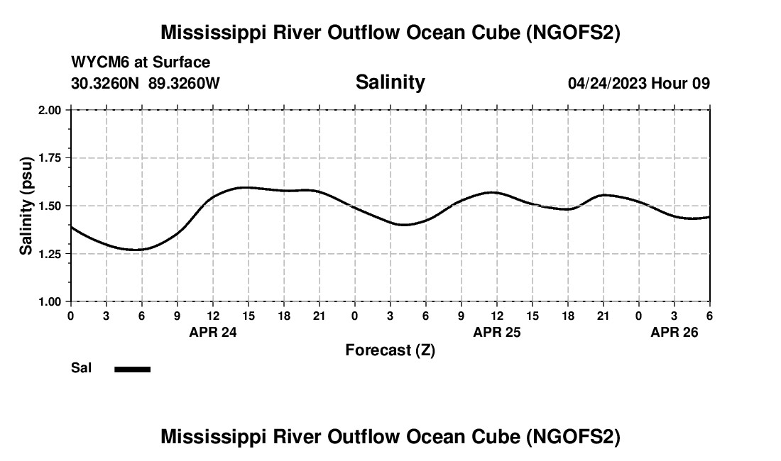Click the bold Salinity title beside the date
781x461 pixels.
390,82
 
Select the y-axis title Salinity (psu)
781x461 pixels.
26,205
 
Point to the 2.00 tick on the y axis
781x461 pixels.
50,110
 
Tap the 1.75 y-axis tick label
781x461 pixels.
50,157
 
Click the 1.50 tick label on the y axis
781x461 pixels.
50,206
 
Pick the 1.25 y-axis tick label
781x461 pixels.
50,253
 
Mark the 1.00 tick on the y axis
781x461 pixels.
50,301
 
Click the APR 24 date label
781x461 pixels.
213,332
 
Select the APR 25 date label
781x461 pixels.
497,332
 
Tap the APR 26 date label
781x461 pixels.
674,332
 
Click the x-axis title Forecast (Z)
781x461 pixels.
390,350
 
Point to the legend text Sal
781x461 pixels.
81,368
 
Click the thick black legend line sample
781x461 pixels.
133,369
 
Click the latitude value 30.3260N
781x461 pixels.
106,83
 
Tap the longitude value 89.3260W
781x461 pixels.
184,83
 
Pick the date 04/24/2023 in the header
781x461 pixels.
607,83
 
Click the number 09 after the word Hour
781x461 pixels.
701,83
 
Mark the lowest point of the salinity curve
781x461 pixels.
135,250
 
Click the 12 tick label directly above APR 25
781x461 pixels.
497,316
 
